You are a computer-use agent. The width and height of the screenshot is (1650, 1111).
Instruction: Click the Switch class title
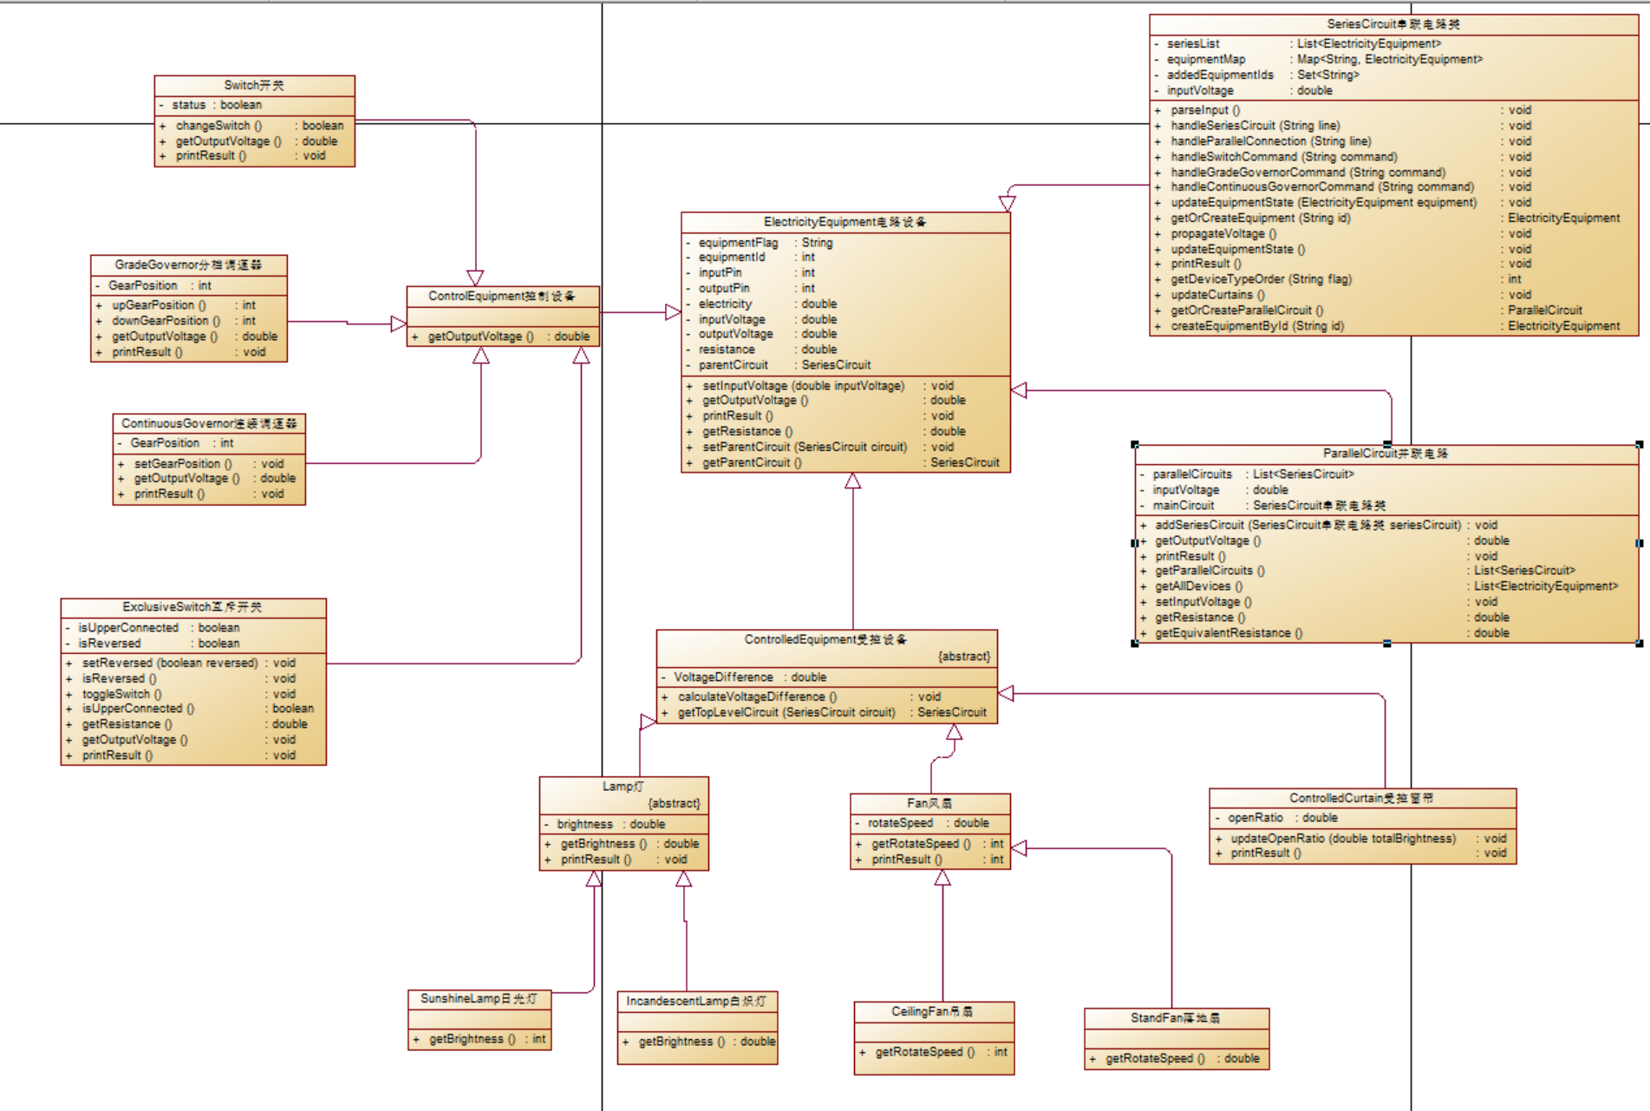[x=253, y=85]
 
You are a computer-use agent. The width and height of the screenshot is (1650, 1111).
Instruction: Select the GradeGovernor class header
[x=188, y=265]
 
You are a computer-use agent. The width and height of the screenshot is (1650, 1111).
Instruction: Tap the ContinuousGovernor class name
[x=209, y=423]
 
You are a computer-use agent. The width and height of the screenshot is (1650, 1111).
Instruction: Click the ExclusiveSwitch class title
[x=192, y=607]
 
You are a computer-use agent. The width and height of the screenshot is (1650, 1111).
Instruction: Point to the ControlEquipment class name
[x=501, y=297]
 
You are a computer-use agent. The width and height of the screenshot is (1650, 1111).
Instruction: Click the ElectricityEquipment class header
[x=845, y=222]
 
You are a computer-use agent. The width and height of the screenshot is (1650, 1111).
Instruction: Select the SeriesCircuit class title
[x=1392, y=24]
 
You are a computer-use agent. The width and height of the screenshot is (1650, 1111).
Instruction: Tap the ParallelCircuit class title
[x=1385, y=454]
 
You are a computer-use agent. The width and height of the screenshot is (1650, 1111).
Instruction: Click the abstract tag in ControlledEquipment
[x=963, y=657]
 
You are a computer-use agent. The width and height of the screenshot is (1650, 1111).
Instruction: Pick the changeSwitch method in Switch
[x=218, y=126]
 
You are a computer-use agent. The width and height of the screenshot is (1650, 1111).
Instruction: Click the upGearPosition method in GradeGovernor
[x=159, y=305]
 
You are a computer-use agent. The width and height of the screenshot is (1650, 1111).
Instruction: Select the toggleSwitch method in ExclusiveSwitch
[x=121, y=694]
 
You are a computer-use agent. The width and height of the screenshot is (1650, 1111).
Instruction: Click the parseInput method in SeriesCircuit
[x=1205, y=110]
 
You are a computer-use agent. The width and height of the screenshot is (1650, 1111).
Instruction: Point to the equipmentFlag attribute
[x=738, y=243]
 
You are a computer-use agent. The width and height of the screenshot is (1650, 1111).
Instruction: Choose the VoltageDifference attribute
[x=723, y=677]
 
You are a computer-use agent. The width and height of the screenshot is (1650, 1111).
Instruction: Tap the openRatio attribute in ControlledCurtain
[x=1255, y=818]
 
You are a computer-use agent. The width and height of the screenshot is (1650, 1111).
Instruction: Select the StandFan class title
[x=1175, y=1018]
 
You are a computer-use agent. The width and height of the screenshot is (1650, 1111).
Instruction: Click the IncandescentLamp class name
[x=696, y=1002]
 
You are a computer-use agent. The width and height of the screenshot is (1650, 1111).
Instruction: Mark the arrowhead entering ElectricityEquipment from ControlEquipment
[x=673, y=312]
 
